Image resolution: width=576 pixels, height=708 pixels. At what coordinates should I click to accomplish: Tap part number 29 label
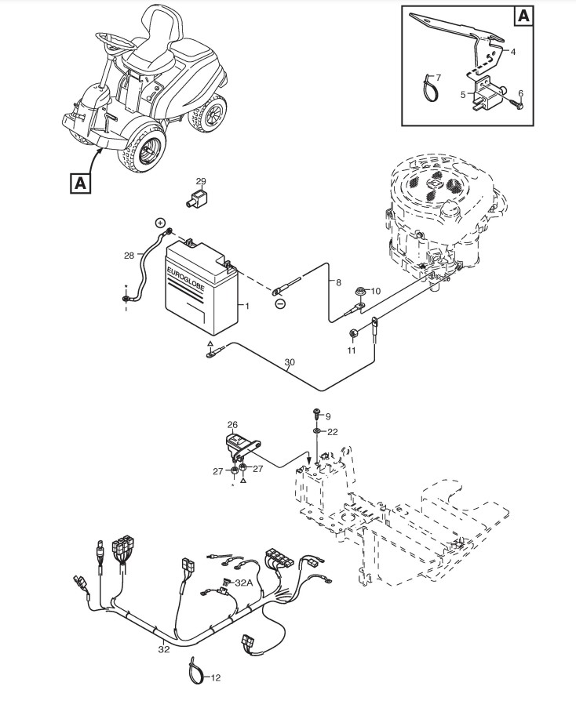[x=201, y=182]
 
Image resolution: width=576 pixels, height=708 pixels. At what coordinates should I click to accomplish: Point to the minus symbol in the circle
[x=280, y=303]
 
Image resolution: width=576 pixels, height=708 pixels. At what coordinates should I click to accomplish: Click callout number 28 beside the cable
[x=129, y=254]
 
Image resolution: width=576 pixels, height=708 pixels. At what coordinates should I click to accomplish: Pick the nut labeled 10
[x=359, y=292]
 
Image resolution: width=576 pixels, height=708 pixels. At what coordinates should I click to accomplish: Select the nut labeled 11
[x=354, y=333]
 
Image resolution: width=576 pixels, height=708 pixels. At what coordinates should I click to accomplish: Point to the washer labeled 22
[x=314, y=431]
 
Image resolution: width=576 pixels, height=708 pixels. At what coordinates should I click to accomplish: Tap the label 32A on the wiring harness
[x=243, y=583]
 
